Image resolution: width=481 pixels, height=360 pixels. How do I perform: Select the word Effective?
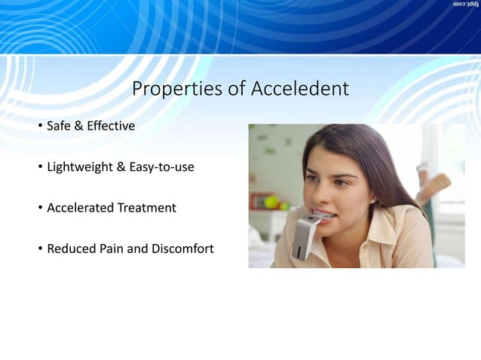tap(111, 126)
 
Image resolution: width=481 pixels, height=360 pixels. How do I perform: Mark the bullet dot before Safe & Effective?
tap(41, 127)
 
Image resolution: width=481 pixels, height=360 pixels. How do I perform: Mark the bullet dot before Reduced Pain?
tap(41, 249)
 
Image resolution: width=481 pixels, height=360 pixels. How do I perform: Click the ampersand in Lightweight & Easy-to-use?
tap(121, 166)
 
